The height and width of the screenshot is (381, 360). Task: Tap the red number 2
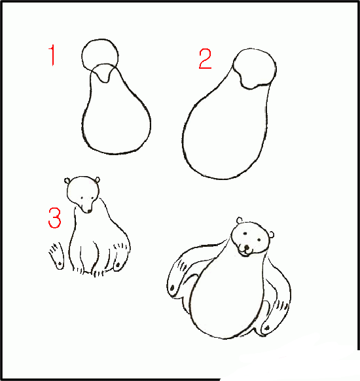tap(206, 59)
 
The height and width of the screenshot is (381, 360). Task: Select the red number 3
tap(54, 218)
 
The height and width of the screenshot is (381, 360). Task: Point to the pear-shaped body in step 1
tap(116, 118)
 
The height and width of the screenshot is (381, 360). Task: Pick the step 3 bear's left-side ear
tap(69, 181)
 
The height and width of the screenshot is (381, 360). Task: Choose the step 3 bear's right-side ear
tap(97, 179)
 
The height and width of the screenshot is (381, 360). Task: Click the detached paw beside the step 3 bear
tap(56, 256)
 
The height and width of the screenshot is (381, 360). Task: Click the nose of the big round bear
tap(246, 247)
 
